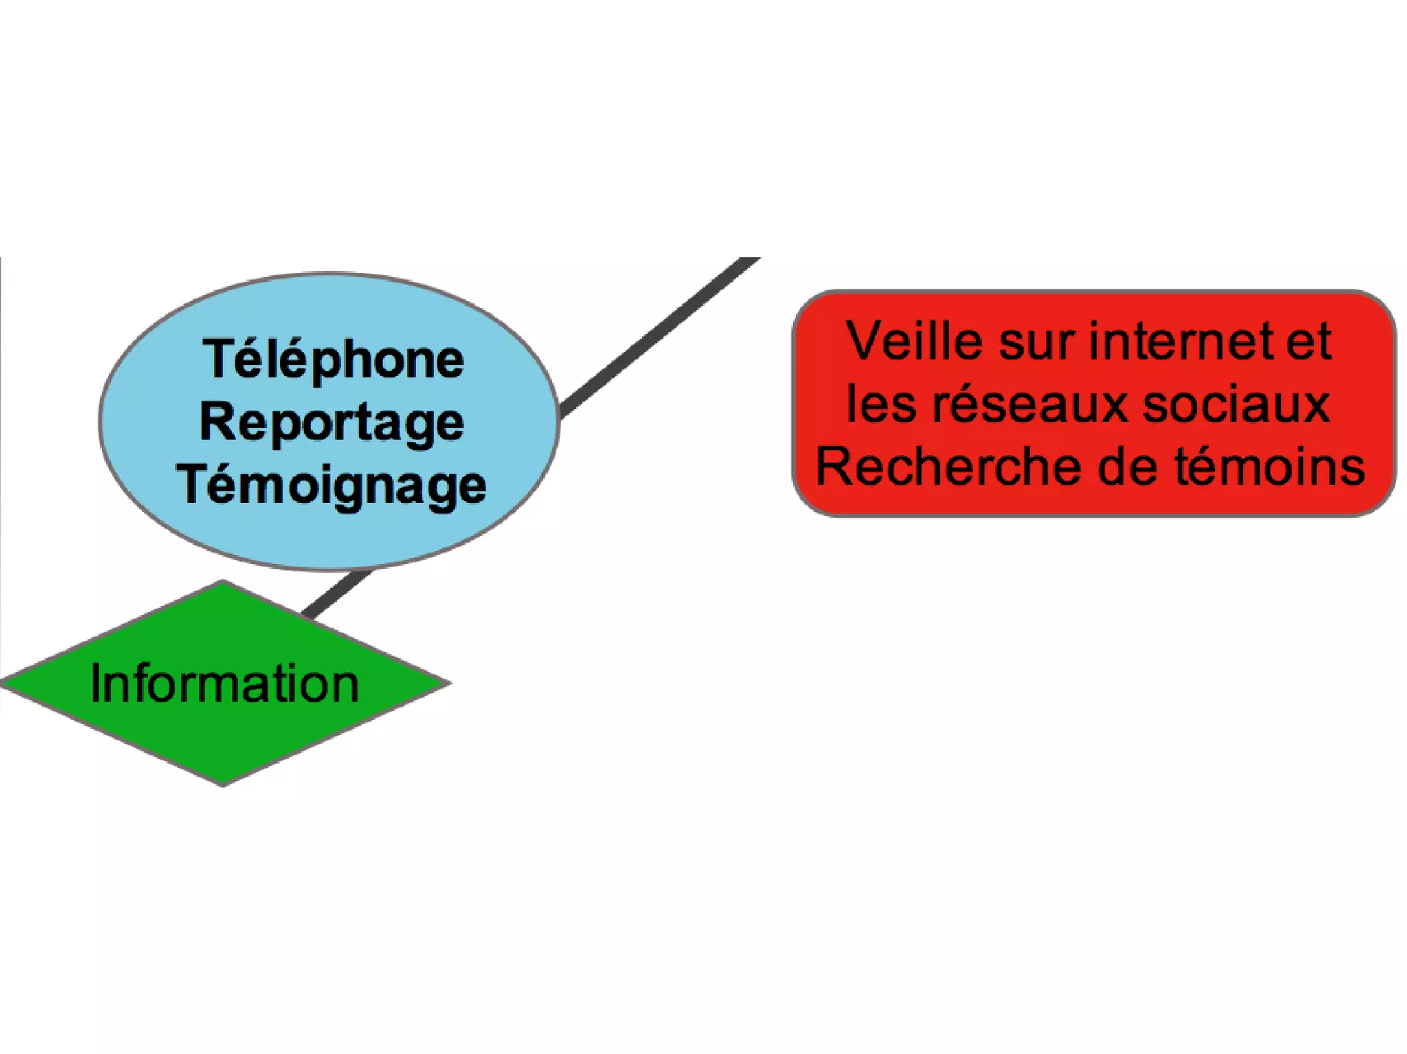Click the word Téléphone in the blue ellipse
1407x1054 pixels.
pyautogui.click(x=333, y=359)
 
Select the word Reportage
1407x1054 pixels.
pyautogui.click(x=332, y=423)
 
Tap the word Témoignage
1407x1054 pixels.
pyautogui.click(x=332, y=485)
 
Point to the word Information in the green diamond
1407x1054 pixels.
pyautogui.click(x=225, y=684)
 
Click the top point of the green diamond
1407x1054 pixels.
pyautogui.click(x=222, y=583)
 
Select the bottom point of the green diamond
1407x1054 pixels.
pyautogui.click(x=222, y=783)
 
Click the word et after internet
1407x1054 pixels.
pyautogui.click(x=1309, y=341)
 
